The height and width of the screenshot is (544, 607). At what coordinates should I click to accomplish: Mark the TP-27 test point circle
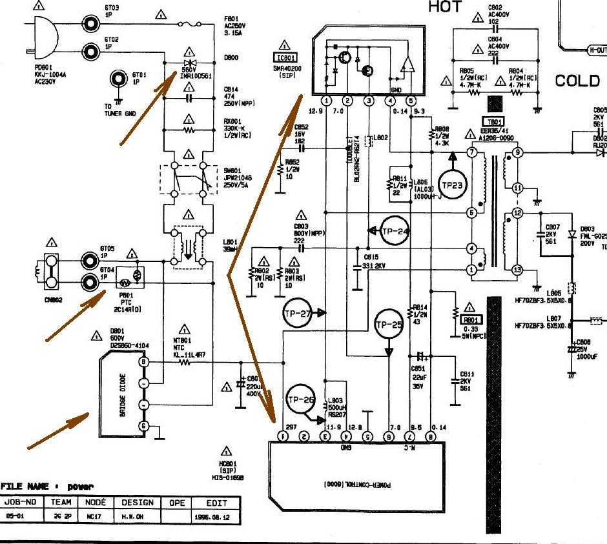(x=298, y=313)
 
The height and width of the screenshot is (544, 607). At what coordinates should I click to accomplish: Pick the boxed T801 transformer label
(x=493, y=123)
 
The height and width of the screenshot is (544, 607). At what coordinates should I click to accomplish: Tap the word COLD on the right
(x=577, y=81)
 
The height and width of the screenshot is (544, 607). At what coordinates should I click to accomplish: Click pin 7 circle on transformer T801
(x=473, y=152)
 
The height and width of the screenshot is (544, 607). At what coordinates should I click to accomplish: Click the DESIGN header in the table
(x=137, y=503)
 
